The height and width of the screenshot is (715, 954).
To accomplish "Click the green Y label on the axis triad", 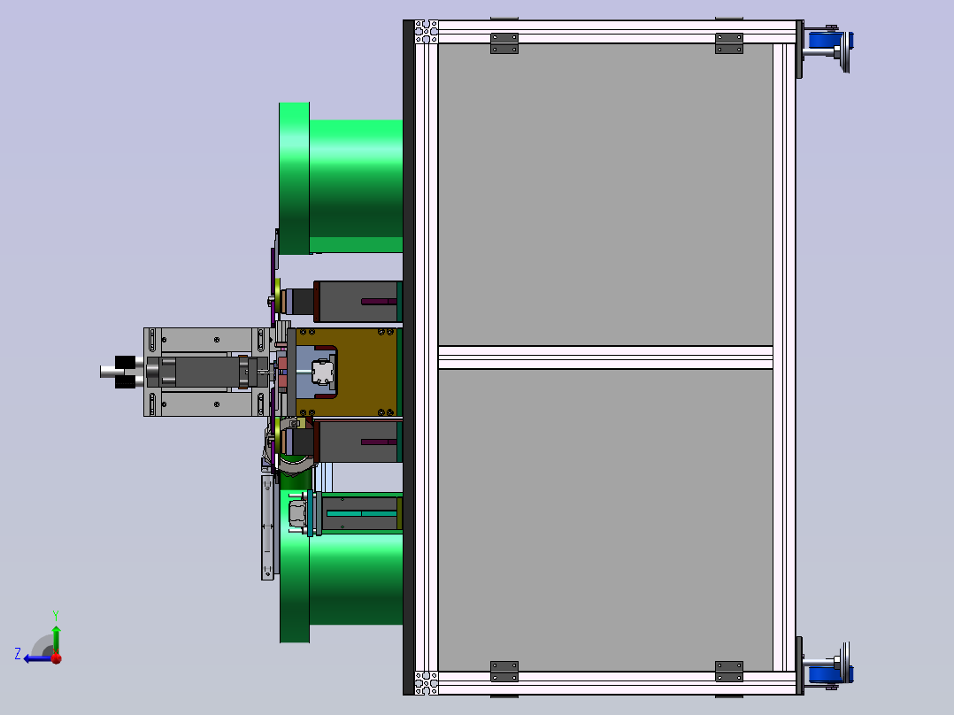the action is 56,615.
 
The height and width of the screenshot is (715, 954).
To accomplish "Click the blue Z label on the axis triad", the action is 18,654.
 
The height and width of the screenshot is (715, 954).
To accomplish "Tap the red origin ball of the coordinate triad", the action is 57,657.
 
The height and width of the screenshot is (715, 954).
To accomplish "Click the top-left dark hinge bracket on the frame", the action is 504,43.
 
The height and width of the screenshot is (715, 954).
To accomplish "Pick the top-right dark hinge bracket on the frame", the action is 729,43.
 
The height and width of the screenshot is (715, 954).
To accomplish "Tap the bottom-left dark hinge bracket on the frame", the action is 504,671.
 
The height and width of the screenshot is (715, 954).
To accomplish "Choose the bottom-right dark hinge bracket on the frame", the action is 729,671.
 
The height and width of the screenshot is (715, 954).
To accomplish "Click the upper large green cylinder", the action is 341,178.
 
